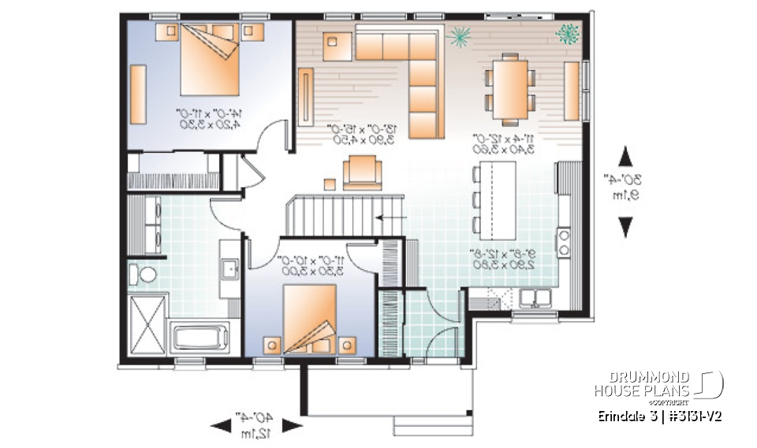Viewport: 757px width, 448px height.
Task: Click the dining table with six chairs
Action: tap(509, 87)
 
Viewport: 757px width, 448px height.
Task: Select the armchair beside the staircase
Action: tap(362, 171)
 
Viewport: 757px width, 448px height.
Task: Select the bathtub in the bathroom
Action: tap(199, 338)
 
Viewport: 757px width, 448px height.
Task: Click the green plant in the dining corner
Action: tap(566, 32)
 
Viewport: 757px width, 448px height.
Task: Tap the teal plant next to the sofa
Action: tap(457, 35)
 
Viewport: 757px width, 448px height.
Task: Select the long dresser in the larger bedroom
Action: tap(137, 94)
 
